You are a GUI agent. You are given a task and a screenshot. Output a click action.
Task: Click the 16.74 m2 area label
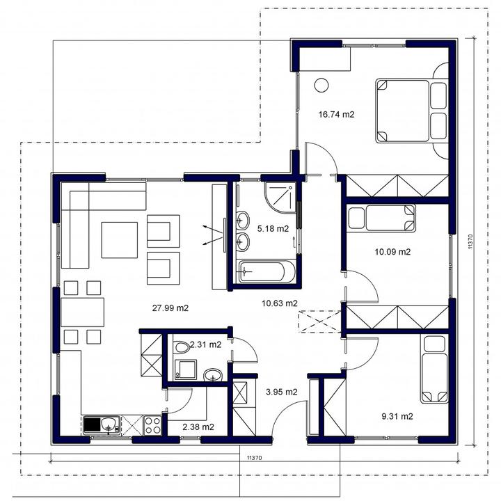337,114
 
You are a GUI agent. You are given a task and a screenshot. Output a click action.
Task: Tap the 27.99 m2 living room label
170,308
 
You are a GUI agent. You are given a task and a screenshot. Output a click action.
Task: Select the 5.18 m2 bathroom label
273,228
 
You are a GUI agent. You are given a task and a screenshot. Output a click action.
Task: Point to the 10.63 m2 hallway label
280,303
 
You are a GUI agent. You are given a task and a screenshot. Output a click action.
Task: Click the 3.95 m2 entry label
282,392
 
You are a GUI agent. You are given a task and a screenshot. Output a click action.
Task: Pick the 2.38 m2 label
198,427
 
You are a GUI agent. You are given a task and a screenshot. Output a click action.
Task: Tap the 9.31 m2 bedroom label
397,416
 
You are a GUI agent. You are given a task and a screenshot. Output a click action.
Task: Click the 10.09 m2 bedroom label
392,252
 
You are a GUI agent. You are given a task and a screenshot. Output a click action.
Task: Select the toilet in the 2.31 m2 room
182,347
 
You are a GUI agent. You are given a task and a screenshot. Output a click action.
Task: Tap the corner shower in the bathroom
280,198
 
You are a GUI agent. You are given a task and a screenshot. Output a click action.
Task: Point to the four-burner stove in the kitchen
152,425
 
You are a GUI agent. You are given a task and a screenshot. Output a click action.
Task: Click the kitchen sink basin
109,425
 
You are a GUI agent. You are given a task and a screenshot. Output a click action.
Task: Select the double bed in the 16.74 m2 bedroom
411,111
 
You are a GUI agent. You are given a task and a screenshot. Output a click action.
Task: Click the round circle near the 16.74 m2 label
321,86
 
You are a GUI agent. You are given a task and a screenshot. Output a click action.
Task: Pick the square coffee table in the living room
120,240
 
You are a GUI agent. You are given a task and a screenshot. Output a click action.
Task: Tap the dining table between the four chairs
82,312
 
